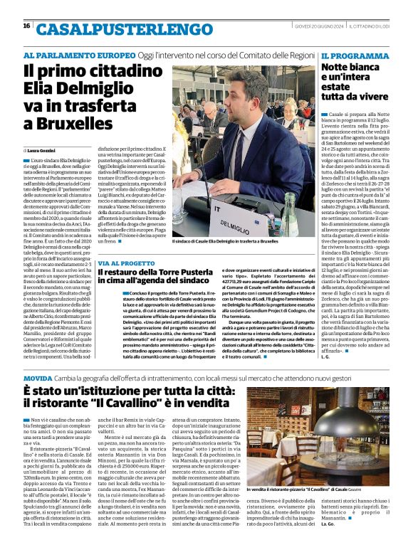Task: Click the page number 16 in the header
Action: click(x=27, y=26)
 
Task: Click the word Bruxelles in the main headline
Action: click(x=68, y=122)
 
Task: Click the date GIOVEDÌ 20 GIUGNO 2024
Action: click(x=316, y=26)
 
